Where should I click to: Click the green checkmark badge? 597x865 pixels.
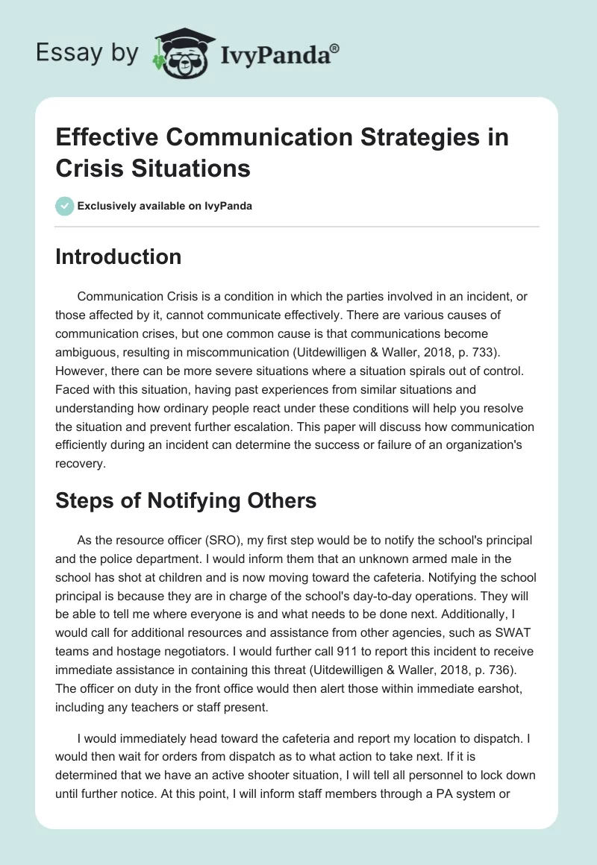(x=64, y=206)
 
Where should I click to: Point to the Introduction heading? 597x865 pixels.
(x=119, y=257)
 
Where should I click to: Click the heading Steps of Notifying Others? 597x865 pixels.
(x=186, y=501)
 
